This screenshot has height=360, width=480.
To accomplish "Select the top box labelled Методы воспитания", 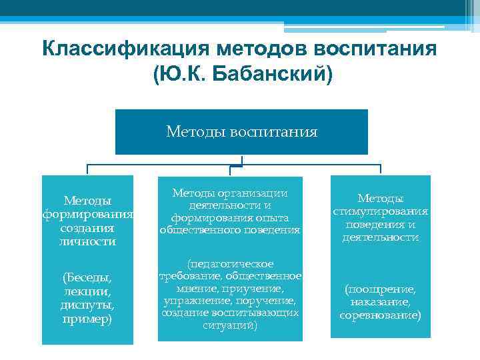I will (x=241, y=132).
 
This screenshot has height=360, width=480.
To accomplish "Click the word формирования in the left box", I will (x=88, y=214).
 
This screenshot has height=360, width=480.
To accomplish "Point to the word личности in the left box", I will (x=87, y=241).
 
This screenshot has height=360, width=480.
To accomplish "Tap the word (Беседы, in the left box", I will (x=87, y=277).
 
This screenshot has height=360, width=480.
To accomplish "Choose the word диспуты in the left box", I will (x=87, y=305).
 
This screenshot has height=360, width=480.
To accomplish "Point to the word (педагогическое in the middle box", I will (x=230, y=265).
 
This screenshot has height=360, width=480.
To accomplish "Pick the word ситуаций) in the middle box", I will (x=229, y=325).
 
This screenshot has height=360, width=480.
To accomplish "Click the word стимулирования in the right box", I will (x=380, y=211).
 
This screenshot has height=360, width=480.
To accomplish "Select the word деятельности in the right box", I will (x=380, y=237).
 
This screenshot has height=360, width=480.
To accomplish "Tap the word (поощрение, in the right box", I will (x=380, y=289).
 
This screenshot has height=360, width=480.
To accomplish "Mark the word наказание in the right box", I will (x=380, y=302).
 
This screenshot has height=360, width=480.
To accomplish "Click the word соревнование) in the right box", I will (x=380, y=315).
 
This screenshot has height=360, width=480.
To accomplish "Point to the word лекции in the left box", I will (x=87, y=291).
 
